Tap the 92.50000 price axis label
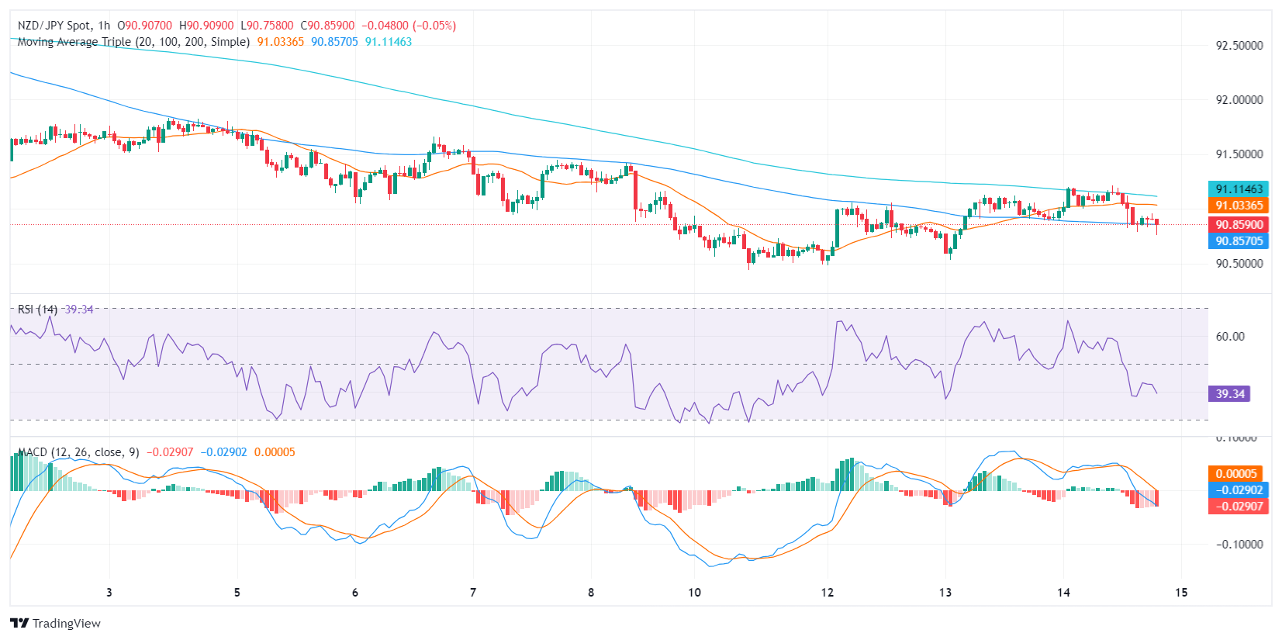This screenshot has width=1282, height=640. pos(1239,45)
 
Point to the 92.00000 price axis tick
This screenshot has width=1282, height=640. pos(1239,99)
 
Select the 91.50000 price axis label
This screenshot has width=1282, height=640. pos(1239,154)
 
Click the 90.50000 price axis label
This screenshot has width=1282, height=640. pos(1239,263)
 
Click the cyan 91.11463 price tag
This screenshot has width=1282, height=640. pos(1239,189)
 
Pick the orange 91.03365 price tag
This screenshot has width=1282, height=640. pos(1239,205)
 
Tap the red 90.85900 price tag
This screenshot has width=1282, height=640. pos(1239,224)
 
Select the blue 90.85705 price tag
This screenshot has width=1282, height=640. pos(1239,240)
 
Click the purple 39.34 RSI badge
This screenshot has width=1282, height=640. pos(1229,393)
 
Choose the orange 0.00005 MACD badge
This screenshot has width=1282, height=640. pos(1235,473)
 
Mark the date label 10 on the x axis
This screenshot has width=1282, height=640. pos(694,592)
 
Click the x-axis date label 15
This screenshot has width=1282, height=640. pos(1180,592)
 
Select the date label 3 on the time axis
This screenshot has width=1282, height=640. pos(109,592)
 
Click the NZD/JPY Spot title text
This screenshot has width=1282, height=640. pos(54,26)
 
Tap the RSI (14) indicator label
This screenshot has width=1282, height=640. pos(37,309)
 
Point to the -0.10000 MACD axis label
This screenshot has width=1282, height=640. pos(1239,544)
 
